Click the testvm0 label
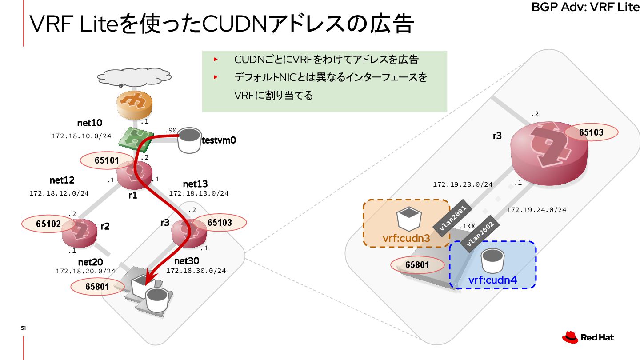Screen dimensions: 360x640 pyautogui.click(x=218, y=140)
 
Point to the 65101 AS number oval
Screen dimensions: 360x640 pyautogui.click(x=107, y=160)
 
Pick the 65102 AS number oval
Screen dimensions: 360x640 pyautogui.click(x=48, y=224)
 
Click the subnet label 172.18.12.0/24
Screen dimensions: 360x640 pyautogui.click(x=59, y=193)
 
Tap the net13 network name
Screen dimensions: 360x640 pyautogui.click(x=195, y=184)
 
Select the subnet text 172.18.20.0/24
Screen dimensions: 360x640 pyautogui.click(x=85, y=271)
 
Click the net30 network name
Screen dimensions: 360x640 pyautogui.click(x=187, y=260)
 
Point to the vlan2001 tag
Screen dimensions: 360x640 pyautogui.click(x=449, y=217)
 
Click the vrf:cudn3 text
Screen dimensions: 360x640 pyautogui.click(x=406, y=239)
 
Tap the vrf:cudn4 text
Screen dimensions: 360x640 pyautogui.click(x=492, y=280)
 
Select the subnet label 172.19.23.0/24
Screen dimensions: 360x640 pyautogui.click(x=463, y=184)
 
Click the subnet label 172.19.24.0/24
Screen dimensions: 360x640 pyautogui.click(x=536, y=210)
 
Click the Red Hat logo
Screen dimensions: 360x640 pyautogui.click(x=588, y=338)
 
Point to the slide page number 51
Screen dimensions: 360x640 pyautogui.click(x=24, y=328)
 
